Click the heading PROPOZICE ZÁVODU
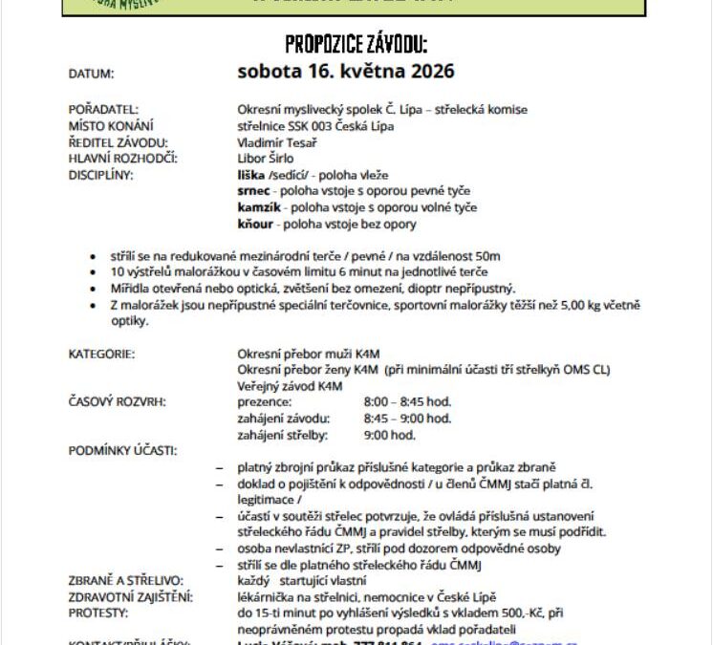tap(356, 44)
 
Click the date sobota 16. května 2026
tap(346, 72)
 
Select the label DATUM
tap(91, 74)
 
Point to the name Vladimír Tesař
tap(277, 142)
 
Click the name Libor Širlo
tap(266, 159)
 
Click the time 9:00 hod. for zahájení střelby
tap(389, 435)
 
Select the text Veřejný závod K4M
tap(290, 386)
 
